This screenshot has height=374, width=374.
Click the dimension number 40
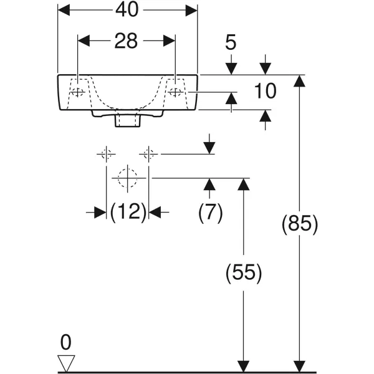click(127, 10)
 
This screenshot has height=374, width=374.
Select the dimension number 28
click(126, 41)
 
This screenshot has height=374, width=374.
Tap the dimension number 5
click(231, 42)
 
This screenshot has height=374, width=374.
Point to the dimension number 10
click(266, 91)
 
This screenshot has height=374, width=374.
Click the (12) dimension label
click(128, 212)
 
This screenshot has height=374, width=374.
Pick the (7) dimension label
click(211, 212)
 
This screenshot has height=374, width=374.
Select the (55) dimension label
click(244, 272)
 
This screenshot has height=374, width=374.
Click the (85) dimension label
click(300, 224)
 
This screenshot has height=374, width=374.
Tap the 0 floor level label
click(66, 342)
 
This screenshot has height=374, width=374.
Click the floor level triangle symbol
click(66, 363)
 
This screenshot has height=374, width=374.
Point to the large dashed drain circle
click(128, 178)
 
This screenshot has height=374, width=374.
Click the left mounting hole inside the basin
click(77, 92)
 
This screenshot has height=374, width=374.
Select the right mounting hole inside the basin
click(175, 92)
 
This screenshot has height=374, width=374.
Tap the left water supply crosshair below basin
click(106, 154)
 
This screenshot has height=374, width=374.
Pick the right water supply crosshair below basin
click(148, 154)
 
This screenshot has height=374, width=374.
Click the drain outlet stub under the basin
click(128, 121)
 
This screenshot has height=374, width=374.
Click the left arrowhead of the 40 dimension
click(64, 10)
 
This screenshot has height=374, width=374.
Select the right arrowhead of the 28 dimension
click(170, 41)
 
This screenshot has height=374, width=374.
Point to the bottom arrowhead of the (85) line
click(299, 366)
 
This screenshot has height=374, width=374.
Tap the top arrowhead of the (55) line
click(244, 184)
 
